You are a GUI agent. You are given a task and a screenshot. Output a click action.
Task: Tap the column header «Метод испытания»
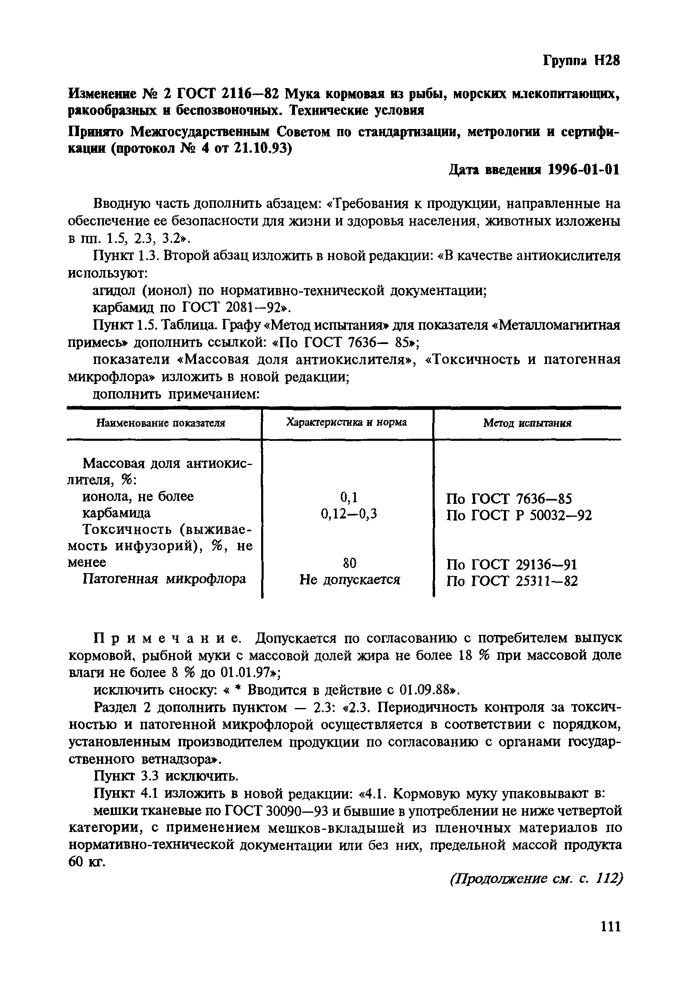pos(527,423)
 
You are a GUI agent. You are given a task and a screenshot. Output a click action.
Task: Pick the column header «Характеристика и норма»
pos(346,422)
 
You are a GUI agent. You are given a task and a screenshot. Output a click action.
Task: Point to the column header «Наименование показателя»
pos(161,423)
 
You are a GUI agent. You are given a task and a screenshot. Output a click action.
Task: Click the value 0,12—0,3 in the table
pos(349,514)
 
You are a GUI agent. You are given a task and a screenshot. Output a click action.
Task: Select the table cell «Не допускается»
pos(349,580)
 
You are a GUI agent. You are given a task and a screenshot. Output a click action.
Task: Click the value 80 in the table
pos(349,563)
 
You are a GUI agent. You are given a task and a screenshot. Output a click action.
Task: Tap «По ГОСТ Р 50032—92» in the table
pos(519,515)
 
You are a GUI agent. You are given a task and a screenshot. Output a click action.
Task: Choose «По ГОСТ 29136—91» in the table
pos(511,564)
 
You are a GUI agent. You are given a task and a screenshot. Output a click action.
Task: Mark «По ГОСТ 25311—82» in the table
pos(512,581)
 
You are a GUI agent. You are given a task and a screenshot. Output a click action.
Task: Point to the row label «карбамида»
pos(116,513)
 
